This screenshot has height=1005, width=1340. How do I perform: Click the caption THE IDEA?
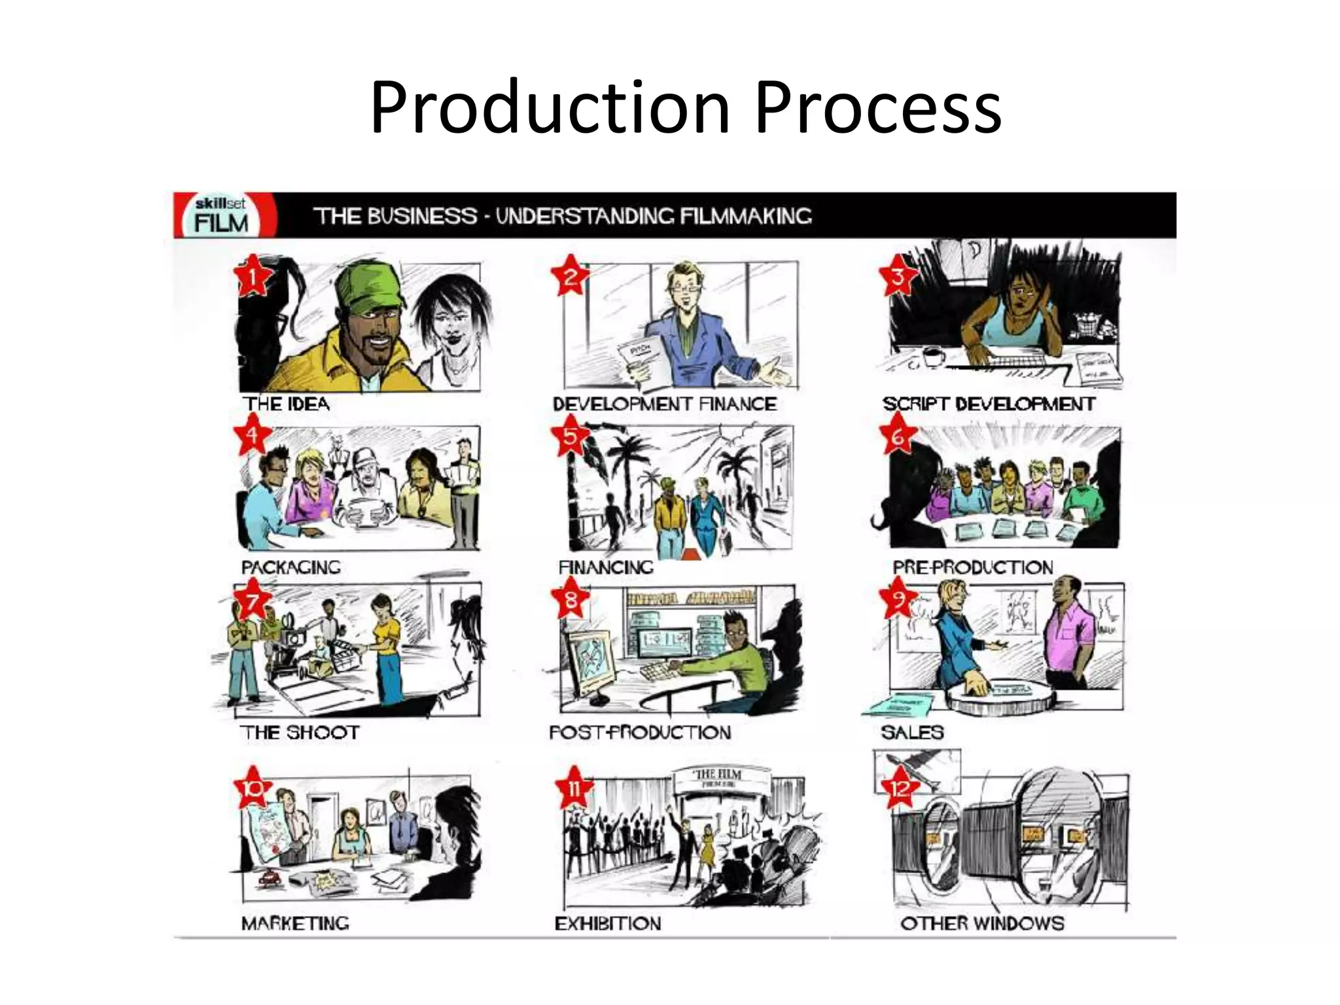click(287, 404)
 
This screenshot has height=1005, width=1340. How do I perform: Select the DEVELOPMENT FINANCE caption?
click(665, 404)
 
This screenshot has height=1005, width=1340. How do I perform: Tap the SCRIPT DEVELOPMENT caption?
click(988, 404)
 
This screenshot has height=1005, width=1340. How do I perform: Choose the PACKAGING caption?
click(291, 567)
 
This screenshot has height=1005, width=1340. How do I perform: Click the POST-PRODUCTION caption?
click(640, 732)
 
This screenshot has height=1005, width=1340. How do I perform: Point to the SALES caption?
click(912, 732)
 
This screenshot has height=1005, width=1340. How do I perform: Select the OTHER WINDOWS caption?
click(981, 923)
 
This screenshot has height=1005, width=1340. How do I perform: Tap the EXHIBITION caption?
click(608, 923)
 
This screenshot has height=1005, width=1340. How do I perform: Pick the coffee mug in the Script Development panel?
click(932, 357)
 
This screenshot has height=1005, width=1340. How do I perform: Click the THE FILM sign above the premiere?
click(717, 777)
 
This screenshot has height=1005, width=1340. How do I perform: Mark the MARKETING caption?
click(295, 923)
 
